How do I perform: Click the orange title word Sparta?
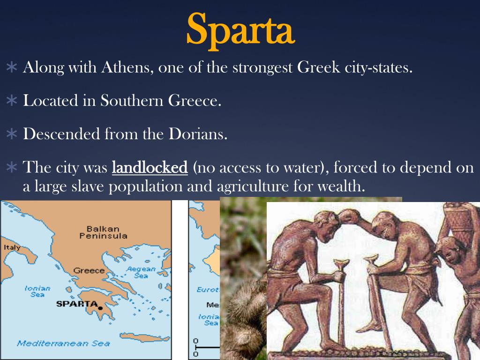(240, 29)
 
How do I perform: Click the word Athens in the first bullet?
(126, 67)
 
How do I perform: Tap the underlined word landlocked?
(150, 167)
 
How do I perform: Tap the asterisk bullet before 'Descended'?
(12, 135)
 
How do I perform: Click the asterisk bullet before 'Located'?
(12, 101)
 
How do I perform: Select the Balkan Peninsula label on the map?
(103, 232)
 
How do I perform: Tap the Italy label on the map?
(12, 247)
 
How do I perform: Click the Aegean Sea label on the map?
(141, 272)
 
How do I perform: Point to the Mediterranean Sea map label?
(63, 343)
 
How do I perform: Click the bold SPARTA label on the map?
(76, 303)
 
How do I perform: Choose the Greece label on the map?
(89, 270)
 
